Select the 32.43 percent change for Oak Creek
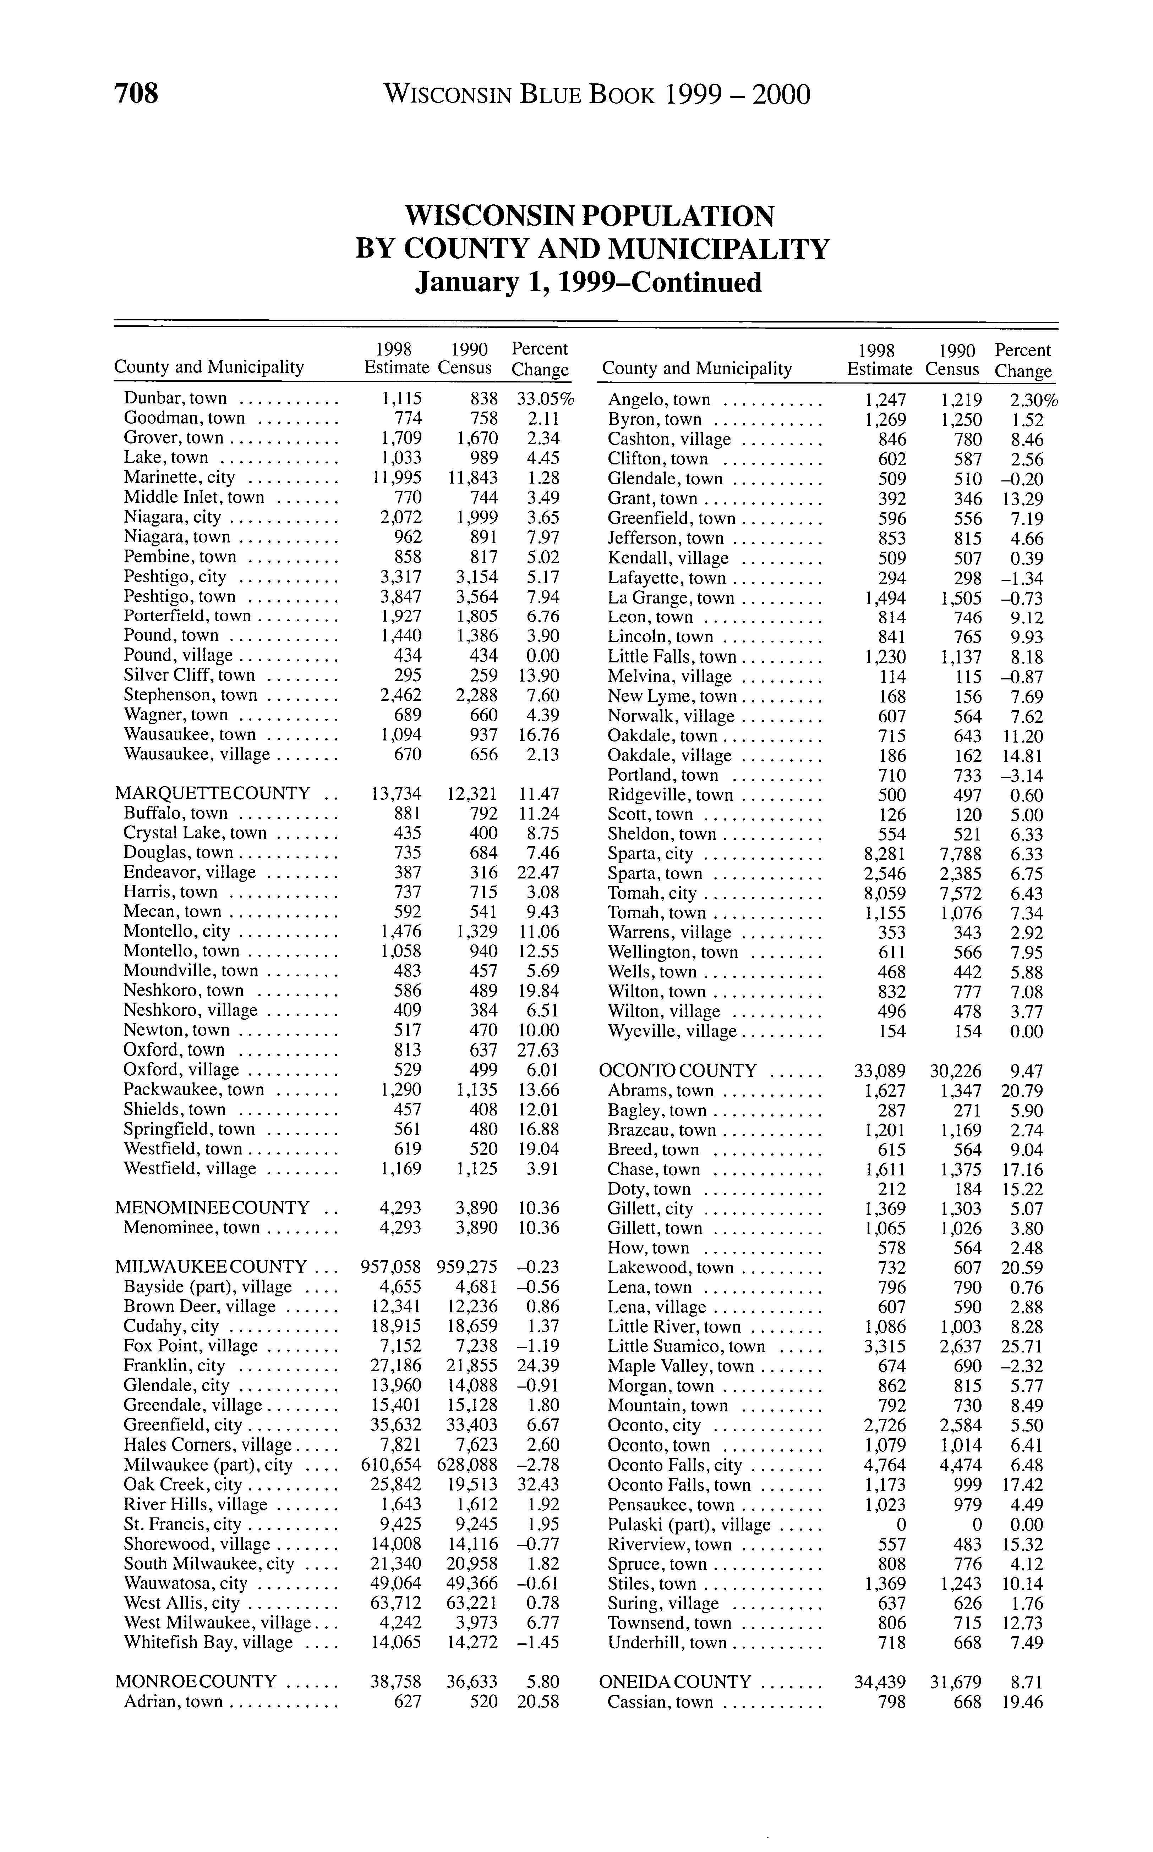pyautogui.click(x=542, y=1485)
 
